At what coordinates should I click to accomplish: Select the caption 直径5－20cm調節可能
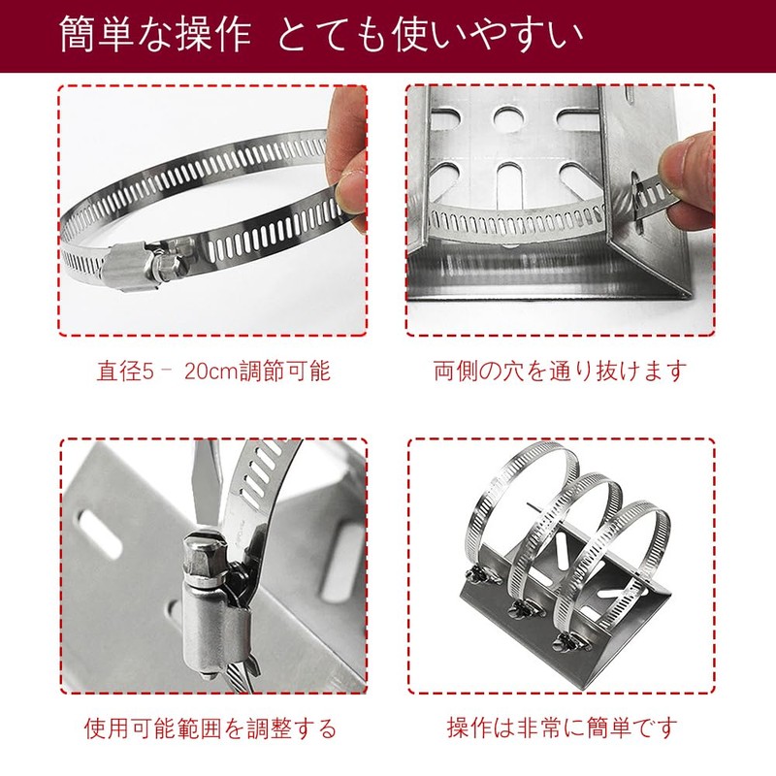coord(212,371)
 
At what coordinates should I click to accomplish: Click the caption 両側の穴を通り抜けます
coord(560,371)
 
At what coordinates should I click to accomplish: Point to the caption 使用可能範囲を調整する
coord(212,727)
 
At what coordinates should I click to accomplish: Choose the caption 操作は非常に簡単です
coord(560,727)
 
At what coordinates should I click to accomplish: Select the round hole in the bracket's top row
coord(507,118)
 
